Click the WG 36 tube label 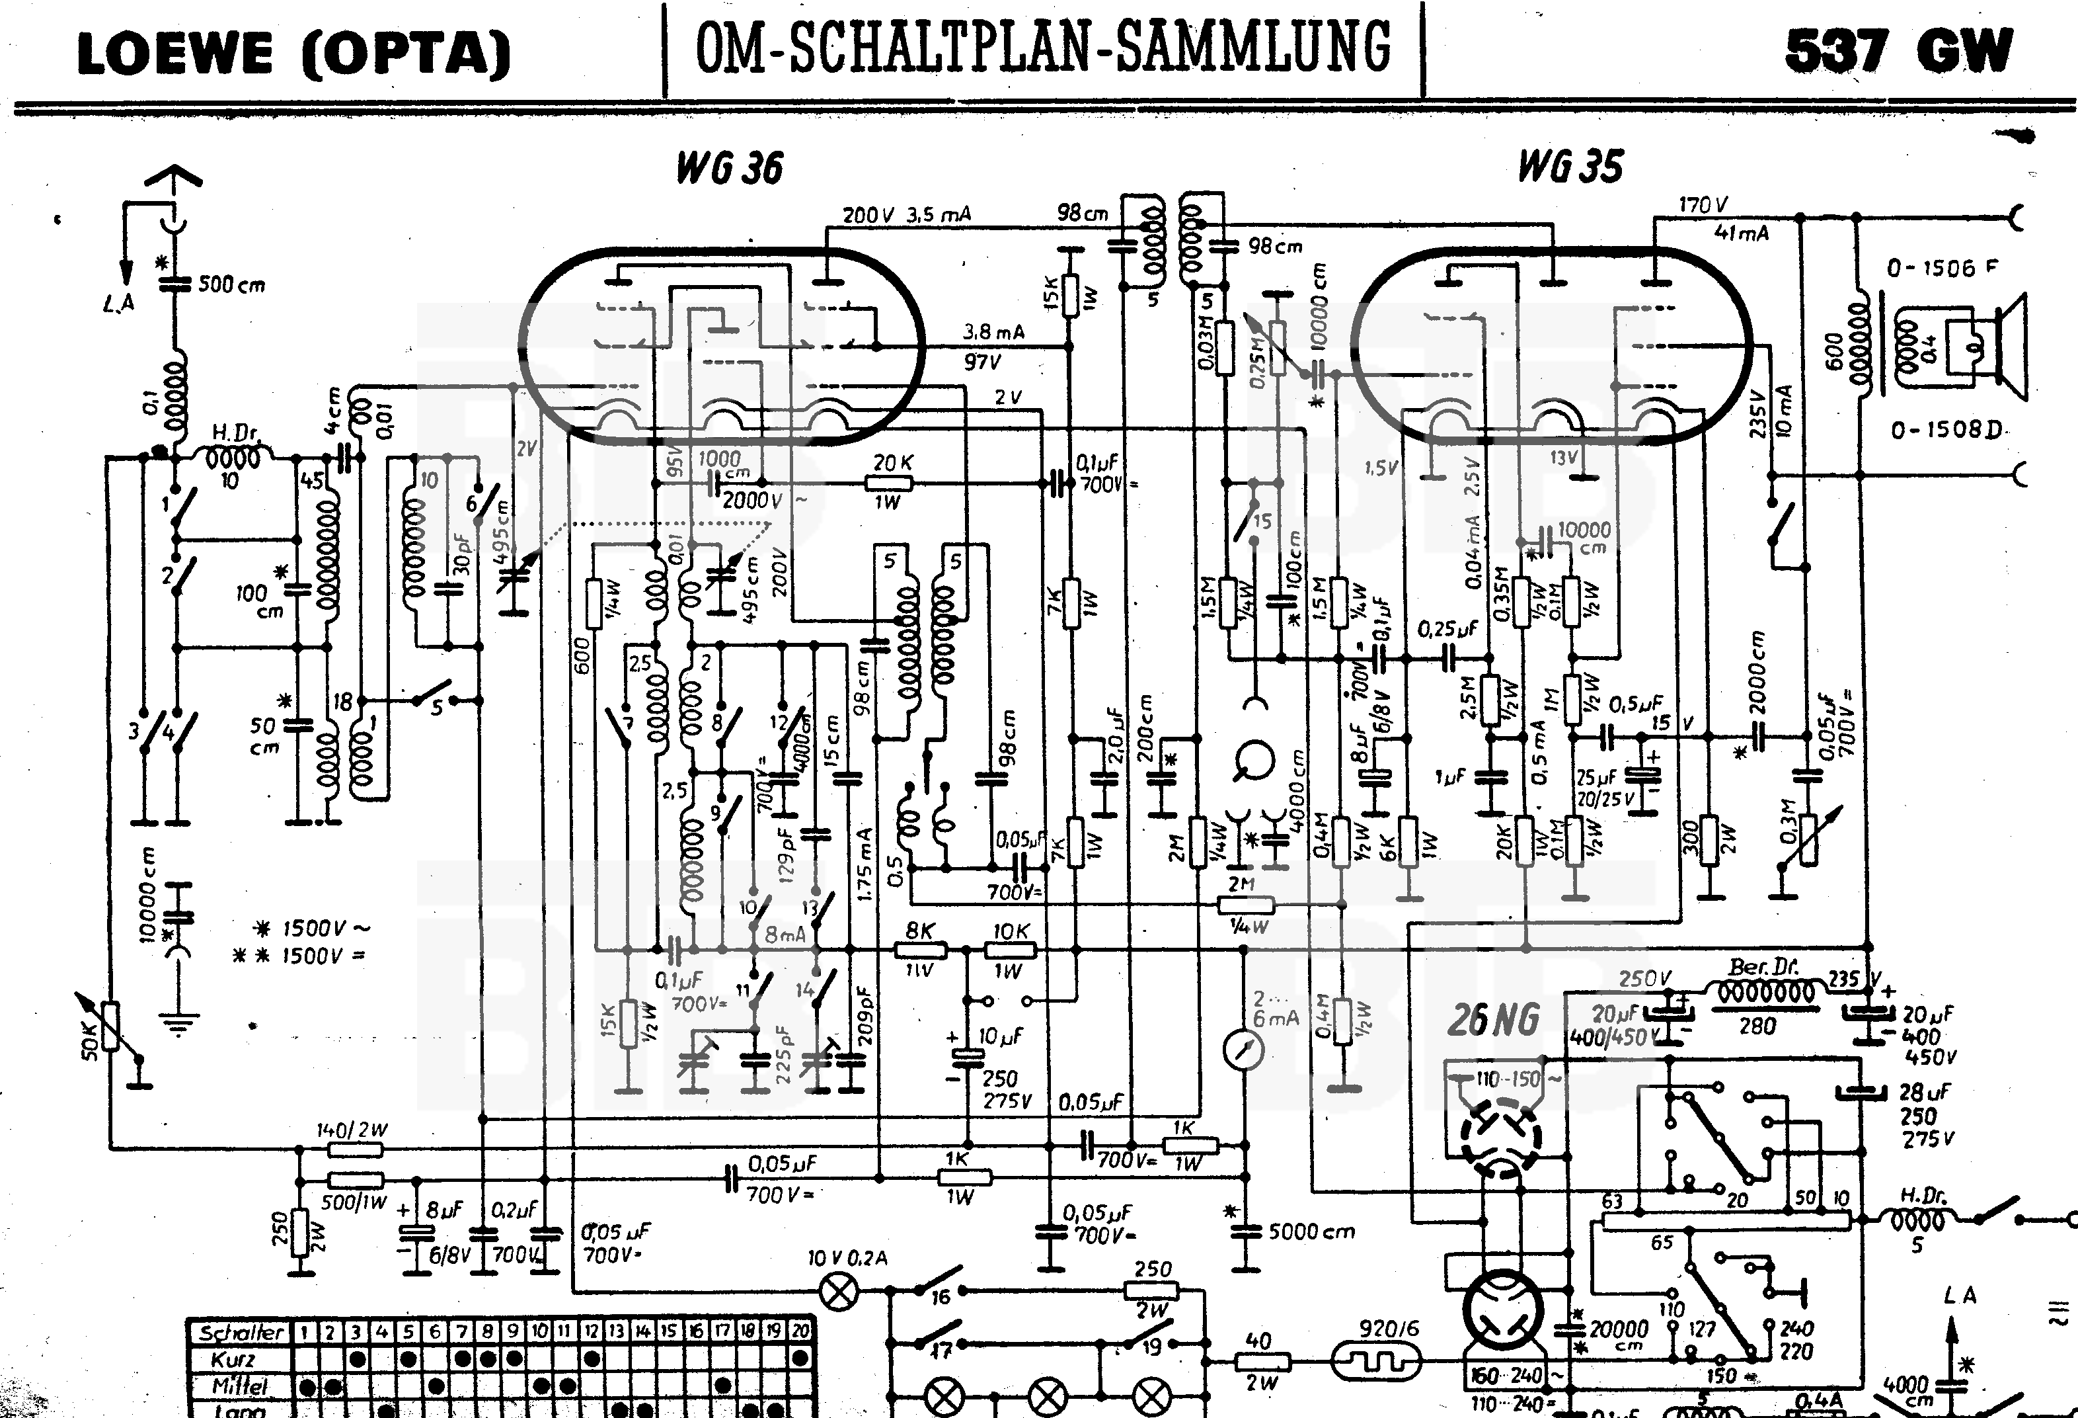729,168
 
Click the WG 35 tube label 1570,167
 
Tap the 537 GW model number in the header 1898,51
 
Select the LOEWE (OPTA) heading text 293,54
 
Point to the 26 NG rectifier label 1493,1020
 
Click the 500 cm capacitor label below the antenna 231,284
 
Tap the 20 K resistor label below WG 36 892,462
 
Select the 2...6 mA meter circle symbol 1243,1050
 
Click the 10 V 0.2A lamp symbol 839,1292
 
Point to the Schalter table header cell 241,1332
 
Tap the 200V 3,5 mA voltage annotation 905,215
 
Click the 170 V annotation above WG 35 1703,205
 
